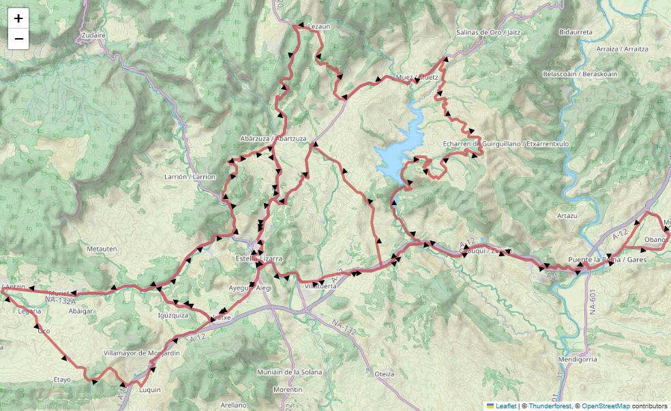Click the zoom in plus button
point(18,18)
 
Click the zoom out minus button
point(18,39)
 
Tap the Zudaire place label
point(94,35)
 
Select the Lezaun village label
point(319,27)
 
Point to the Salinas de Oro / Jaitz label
point(488,32)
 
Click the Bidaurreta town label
point(576,32)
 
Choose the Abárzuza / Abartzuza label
point(273,138)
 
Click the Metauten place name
point(103,249)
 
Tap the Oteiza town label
point(385,374)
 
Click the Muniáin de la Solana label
point(288,372)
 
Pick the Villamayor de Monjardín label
point(141,353)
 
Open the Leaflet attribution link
point(505,406)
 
